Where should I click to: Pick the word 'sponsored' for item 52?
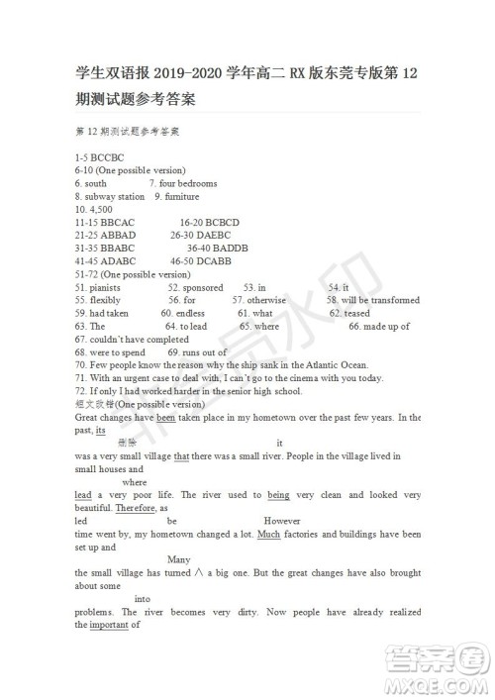tap(203, 287)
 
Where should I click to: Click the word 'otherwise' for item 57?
tap(266, 300)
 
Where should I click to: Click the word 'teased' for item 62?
tap(356, 313)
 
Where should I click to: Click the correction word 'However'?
tap(282, 520)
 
